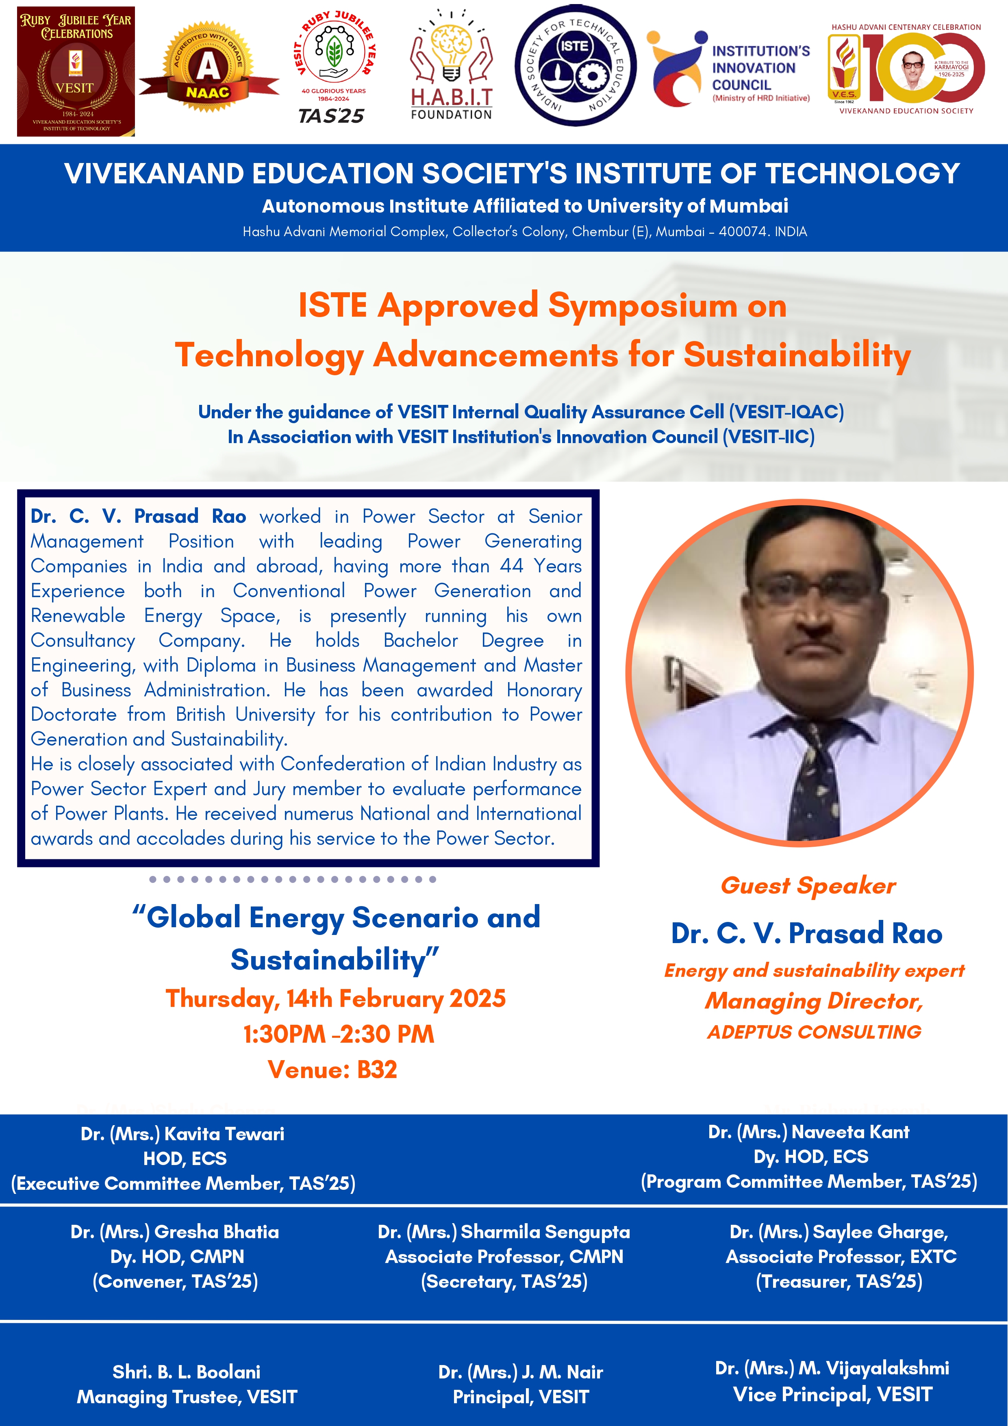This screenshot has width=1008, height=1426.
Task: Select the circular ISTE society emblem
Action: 575,66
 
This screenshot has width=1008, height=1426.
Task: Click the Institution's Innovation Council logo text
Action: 761,73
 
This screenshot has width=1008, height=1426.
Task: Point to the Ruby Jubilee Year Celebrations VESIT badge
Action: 76,72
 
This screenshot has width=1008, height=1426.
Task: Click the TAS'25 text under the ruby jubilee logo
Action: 331,116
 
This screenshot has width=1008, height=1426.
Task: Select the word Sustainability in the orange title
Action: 797,355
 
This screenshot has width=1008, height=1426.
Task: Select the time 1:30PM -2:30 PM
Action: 339,1034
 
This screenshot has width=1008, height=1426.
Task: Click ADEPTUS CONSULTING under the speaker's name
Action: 814,1032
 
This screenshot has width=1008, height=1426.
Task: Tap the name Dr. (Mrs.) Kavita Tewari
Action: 182,1134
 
